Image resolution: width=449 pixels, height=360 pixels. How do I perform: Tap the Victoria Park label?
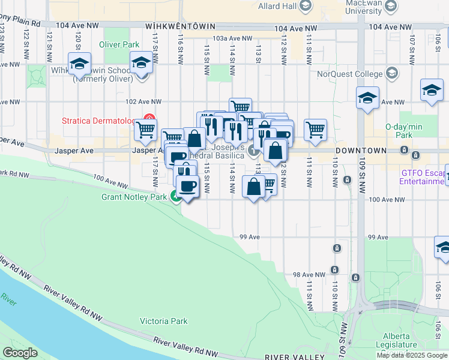164,321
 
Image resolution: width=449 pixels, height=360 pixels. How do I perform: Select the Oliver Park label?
119,44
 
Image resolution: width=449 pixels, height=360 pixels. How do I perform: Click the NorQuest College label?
350,74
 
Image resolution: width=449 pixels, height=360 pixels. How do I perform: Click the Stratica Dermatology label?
100,121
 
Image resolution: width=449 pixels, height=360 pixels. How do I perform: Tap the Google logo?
20,353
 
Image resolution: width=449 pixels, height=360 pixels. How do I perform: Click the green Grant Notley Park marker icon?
176,196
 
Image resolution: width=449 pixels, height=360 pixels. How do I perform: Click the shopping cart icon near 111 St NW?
315,129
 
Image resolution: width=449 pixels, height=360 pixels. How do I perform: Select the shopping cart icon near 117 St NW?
145,129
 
